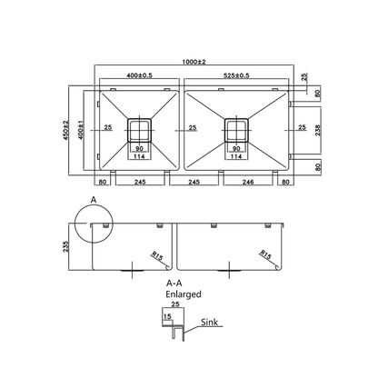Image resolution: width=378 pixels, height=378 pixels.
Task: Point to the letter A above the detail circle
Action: (91, 196)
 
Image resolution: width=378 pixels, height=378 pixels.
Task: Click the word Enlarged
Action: (184, 294)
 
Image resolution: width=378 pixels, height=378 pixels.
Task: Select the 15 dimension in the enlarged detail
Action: (164, 315)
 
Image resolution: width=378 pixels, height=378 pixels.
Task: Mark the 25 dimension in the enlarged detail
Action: (174, 305)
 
